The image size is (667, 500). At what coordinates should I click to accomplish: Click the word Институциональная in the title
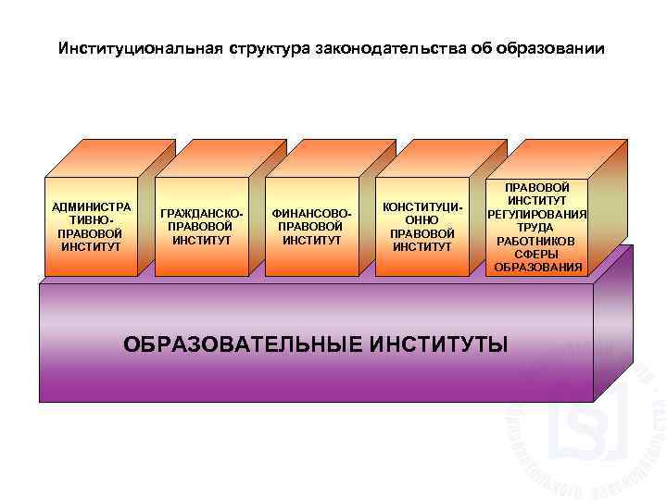coord(138,47)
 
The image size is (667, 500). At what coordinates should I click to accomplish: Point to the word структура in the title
coord(267,47)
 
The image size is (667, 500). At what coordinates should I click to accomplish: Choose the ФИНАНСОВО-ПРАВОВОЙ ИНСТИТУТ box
coord(312,227)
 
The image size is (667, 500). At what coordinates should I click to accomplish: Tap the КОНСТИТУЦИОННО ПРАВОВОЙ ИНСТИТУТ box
coord(422,227)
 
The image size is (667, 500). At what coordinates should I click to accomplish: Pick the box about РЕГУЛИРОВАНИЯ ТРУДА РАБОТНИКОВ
coord(537,227)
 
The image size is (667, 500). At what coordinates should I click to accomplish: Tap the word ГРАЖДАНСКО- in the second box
coord(202,214)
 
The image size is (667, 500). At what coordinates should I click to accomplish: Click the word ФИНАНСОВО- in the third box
coord(312,214)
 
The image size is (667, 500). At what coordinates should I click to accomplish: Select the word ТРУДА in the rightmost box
coord(537,227)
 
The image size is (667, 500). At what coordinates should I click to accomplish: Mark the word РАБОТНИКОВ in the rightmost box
coord(537,240)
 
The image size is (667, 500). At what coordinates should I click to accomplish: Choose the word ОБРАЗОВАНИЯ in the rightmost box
coord(537,267)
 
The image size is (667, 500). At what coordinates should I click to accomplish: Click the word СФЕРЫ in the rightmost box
coord(537,254)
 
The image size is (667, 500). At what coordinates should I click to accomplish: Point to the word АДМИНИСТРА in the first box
coord(91,206)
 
